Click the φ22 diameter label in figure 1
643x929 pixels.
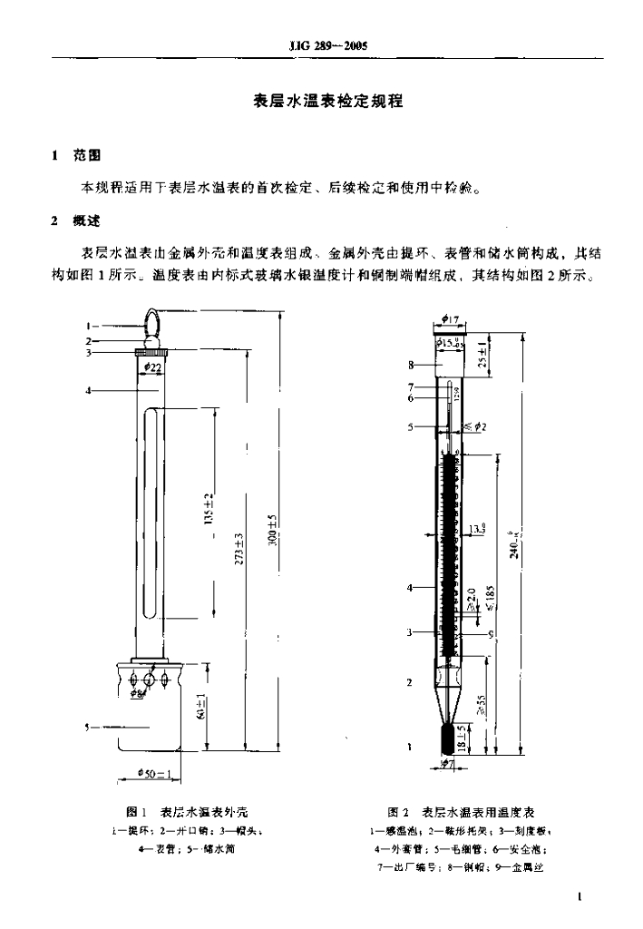coord(151,367)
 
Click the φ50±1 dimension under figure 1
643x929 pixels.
coord(151,772)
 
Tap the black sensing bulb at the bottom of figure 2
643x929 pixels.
coord(450,738)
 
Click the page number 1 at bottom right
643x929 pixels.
coord(578,897)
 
